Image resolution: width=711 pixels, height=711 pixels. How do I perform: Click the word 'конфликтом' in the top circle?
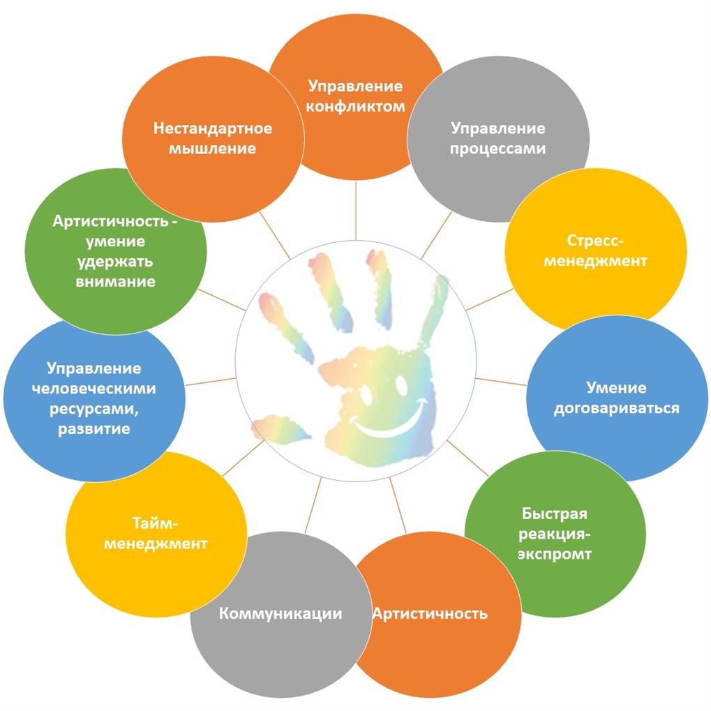pyautogui.click(x=356, y=107)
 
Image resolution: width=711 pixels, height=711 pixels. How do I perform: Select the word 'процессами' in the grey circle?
pyautogui.click(x=497, y=149)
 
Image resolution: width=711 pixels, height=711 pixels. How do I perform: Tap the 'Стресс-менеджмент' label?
pyautogui.click(x=595, y=250)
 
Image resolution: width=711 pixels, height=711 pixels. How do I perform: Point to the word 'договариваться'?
pyautogui.click(x=616, y=408)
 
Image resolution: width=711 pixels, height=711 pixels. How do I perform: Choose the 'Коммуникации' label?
pyautogui.click(x=280, y=613)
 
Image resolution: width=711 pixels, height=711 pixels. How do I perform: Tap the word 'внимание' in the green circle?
pyautogui.click(x=116, y=282)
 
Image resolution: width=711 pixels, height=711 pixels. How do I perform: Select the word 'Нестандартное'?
pyautogui.click(x=213, y=128)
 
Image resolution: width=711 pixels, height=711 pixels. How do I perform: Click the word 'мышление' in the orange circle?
pyautogui.click(x=213, y=149)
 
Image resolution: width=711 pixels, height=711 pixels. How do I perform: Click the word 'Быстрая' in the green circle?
pyautogui.click(x=554, y=514)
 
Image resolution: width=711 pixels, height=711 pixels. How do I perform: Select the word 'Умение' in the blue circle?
pyautogui.click(x=616, y=388)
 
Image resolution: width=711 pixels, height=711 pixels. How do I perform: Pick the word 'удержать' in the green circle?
pyautogui.click(x=116, y=262)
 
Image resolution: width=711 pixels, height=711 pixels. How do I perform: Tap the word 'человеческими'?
pyautogui.click(x=94, y=388)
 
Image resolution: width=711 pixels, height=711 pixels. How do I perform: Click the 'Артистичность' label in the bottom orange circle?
pyautogui.click(x=430, y=614)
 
